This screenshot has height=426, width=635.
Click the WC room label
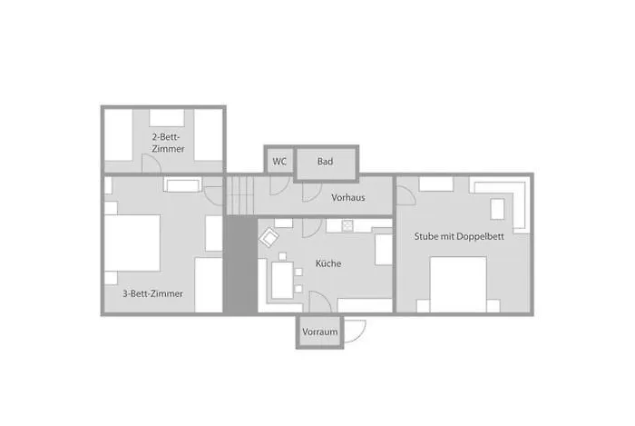[279, 162]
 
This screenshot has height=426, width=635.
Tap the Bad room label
[325, 162]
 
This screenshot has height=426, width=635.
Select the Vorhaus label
[347, 198]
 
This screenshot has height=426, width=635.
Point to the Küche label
[328, 263]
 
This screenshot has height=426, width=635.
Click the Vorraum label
[319, 332]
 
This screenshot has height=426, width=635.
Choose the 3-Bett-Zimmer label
[152, 293]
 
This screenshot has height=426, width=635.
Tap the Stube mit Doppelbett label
[459, 236]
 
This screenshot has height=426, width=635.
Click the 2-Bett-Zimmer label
[168, 143]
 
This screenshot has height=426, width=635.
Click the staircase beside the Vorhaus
[240, 195]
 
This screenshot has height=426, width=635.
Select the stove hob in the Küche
[347, 226]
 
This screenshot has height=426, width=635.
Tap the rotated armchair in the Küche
[269, 237]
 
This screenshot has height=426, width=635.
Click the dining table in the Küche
[282, 280]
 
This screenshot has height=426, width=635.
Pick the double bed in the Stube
[458, 284]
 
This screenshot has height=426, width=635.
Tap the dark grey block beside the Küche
[241, 264]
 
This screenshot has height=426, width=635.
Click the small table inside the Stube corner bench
[497, 209]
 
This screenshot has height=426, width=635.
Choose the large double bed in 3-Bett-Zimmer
[132, 243]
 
